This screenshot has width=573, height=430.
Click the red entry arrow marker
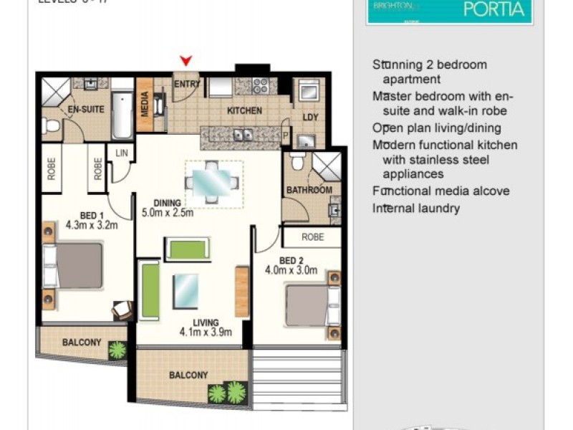point(186,62)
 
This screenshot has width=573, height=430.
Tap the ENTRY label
point(186,84)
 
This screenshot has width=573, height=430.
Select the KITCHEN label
point(244,111)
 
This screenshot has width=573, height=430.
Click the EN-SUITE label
point(87,110)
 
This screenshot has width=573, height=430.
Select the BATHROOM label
point(309,190)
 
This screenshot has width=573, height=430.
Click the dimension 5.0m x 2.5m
point(168,212)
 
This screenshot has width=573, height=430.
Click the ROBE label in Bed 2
point(312,236)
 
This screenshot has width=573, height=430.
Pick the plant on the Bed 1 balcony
point(117,350)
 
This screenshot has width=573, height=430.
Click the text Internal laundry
point(416,209)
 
